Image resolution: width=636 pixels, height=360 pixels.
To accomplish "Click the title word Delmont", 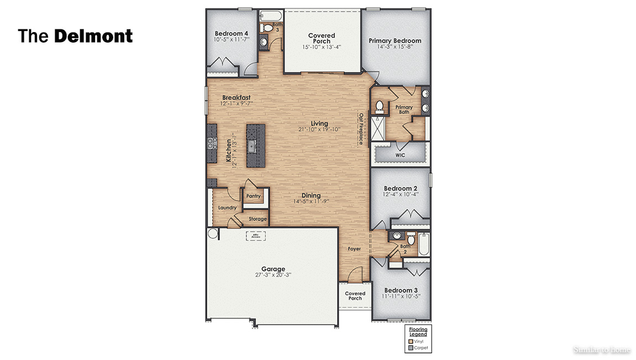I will [93, 36].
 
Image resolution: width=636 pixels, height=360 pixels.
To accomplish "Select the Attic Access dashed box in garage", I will [255, 236].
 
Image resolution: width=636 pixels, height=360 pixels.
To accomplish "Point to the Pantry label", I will [254, 196].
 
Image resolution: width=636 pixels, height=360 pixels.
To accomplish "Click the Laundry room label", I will [227, 208].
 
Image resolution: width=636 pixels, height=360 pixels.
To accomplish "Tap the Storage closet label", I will [257, 219].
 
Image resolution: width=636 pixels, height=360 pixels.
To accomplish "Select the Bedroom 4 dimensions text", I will [232, 40].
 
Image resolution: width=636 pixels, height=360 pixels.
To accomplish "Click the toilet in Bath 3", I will [268, 28].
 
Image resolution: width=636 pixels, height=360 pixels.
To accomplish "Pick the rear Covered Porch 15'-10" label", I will [322, 47].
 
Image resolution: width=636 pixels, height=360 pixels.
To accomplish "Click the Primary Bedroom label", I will [395, 40].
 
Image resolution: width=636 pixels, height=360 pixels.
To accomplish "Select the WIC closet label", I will [400, 155].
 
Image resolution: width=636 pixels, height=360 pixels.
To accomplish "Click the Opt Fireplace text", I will [361, 129].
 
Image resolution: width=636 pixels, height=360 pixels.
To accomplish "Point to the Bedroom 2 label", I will [401, 188].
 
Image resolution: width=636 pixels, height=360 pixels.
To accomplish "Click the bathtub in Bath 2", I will [424, 244].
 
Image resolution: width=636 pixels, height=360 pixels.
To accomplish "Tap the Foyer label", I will [354, 249].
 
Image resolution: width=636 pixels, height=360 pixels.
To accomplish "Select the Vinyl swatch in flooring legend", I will [411, 342].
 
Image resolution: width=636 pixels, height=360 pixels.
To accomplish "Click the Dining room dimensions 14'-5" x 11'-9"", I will [311, 202].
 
